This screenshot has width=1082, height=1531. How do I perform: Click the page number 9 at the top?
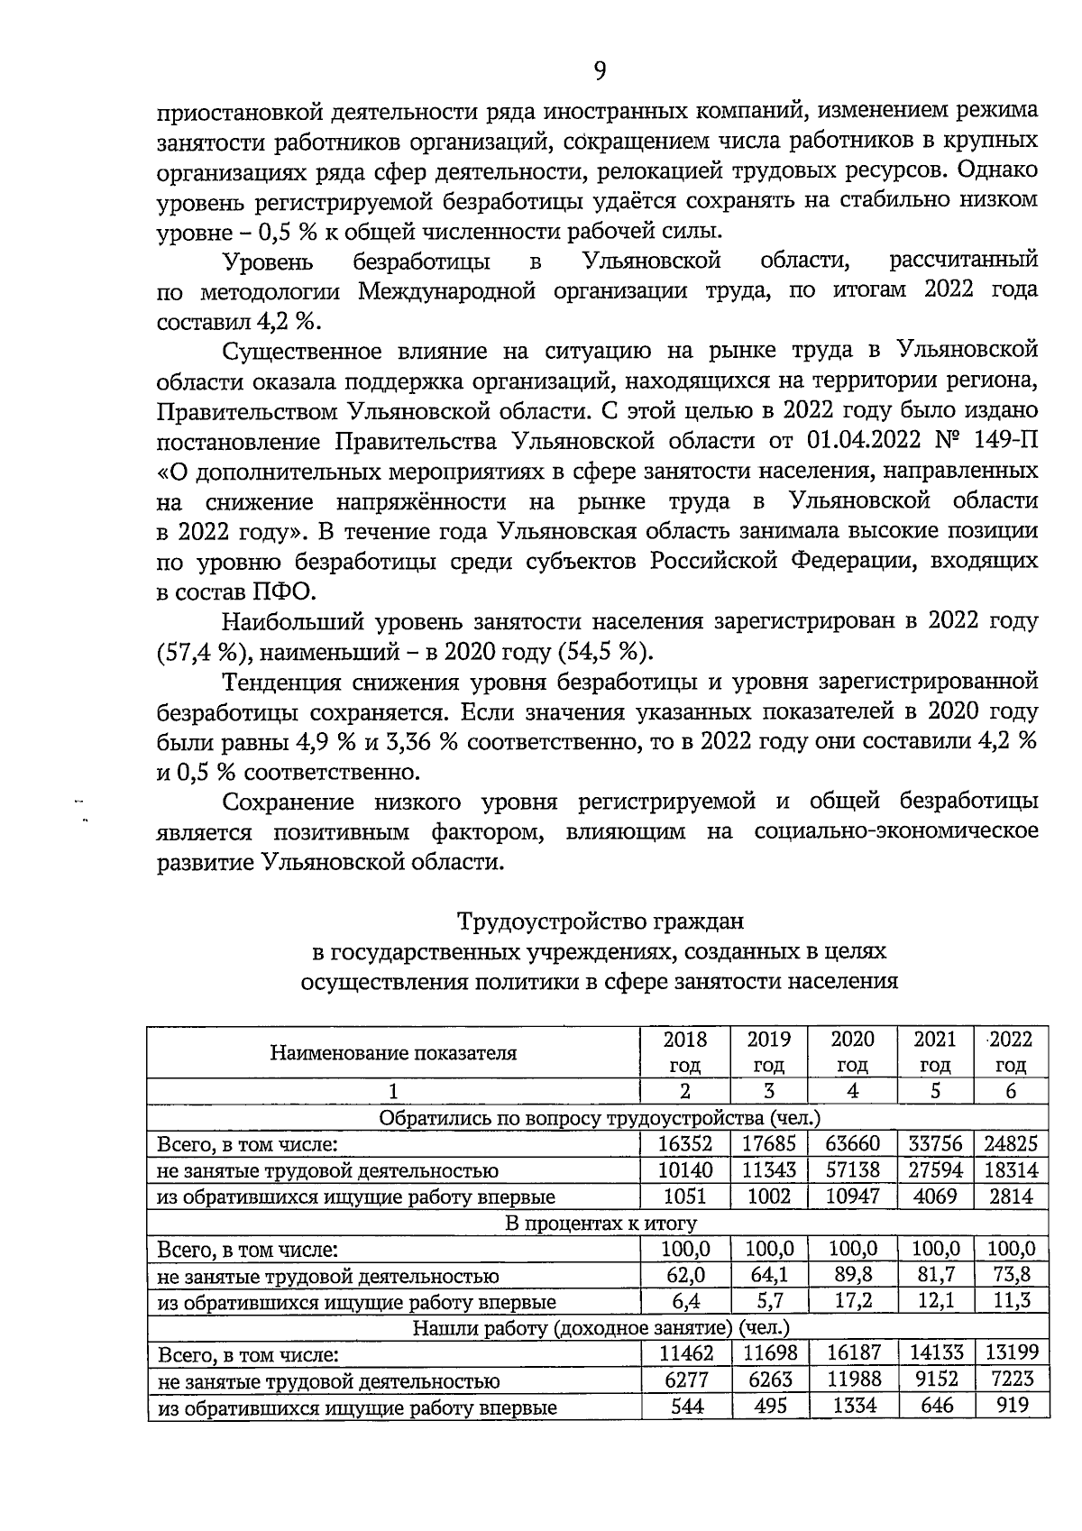tap(600, 70)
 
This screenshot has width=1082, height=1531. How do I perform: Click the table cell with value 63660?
tap(852, 1144)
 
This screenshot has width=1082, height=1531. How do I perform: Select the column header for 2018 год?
tap(684, 1051)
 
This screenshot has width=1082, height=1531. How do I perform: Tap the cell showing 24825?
tap(1011, 1144)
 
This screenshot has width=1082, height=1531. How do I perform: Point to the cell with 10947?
tap(852, 1196)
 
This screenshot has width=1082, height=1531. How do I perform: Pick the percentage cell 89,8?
tap(852, 1275)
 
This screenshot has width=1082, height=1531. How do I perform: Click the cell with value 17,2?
tap(852, 1301)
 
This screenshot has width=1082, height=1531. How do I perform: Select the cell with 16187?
tap(852, 1353)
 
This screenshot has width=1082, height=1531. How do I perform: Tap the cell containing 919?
tap(1011, 1406)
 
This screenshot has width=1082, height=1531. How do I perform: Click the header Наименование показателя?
tap(393, 1052)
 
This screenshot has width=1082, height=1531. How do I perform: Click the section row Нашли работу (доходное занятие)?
tap(600, 1327)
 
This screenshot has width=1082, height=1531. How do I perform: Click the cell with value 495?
tap(768, 1406)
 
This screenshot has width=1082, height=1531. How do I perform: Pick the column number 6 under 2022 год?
tap(1011, 1091)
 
